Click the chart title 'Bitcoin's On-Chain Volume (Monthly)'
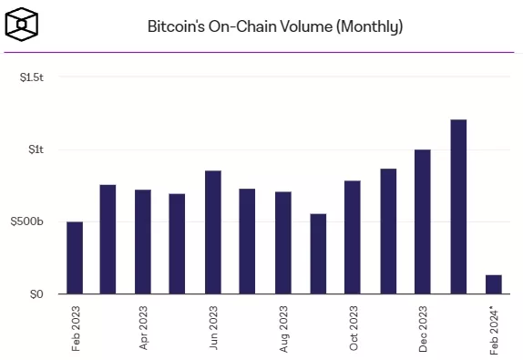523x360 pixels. (x=274, y=26)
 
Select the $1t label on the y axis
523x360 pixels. (x=37, y=149)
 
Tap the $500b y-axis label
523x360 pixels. (x=32, y=221)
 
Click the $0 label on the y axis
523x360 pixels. (x=37, y=293)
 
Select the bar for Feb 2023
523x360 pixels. (x=75, y=258)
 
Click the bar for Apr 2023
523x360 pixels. (x=143, y=242)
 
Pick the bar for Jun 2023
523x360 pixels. (x=213, y=232)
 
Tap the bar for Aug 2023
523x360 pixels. (x=283, y=242)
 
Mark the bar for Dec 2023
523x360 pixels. (x=423, y=221)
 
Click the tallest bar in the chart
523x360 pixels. (x=458, y=207)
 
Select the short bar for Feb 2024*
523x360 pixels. (x=493, y=284)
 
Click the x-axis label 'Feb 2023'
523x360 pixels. (x=76, y=328)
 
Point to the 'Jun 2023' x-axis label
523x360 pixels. (x=214, y=328)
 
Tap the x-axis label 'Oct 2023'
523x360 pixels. (x=354, y=328)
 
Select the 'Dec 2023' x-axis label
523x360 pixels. (x=424, y=328)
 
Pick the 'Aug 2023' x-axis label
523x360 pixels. (x=284, y=328)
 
